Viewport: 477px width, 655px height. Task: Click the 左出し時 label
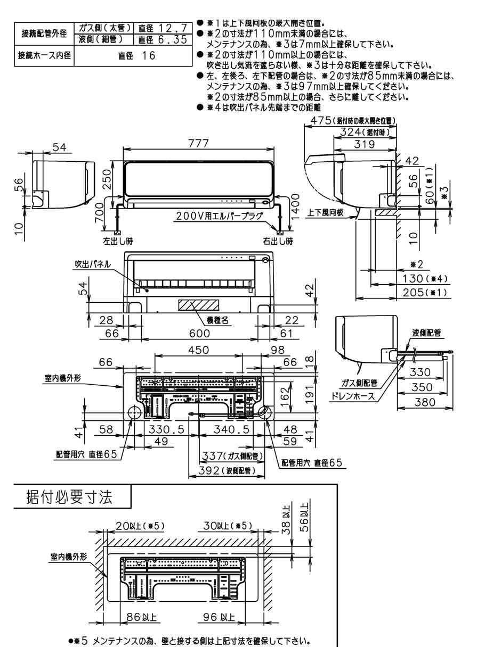click(118, 242)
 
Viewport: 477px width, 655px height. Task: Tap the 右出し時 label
click(278, 242)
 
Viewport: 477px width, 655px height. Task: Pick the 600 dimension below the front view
click(198, 334)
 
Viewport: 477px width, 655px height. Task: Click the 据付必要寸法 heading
click(69, 499)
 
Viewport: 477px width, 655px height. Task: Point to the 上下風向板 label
click(326, 212)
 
